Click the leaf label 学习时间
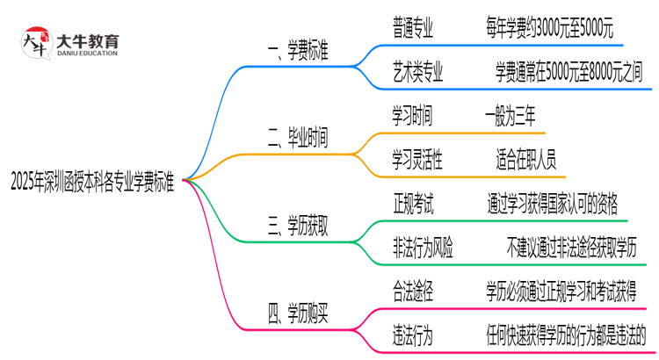pyautogui.click(x=412, y=115)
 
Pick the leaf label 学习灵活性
pyautogui.click(x=418, y=159)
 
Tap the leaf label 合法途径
pyautogui.click(x=412, y=289)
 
